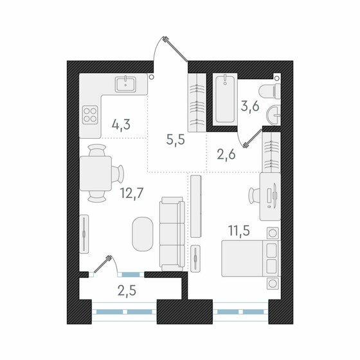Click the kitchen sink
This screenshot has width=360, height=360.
[125, 84]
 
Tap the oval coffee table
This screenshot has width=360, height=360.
[143, 235]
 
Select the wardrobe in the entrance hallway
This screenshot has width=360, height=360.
[195, 101]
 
